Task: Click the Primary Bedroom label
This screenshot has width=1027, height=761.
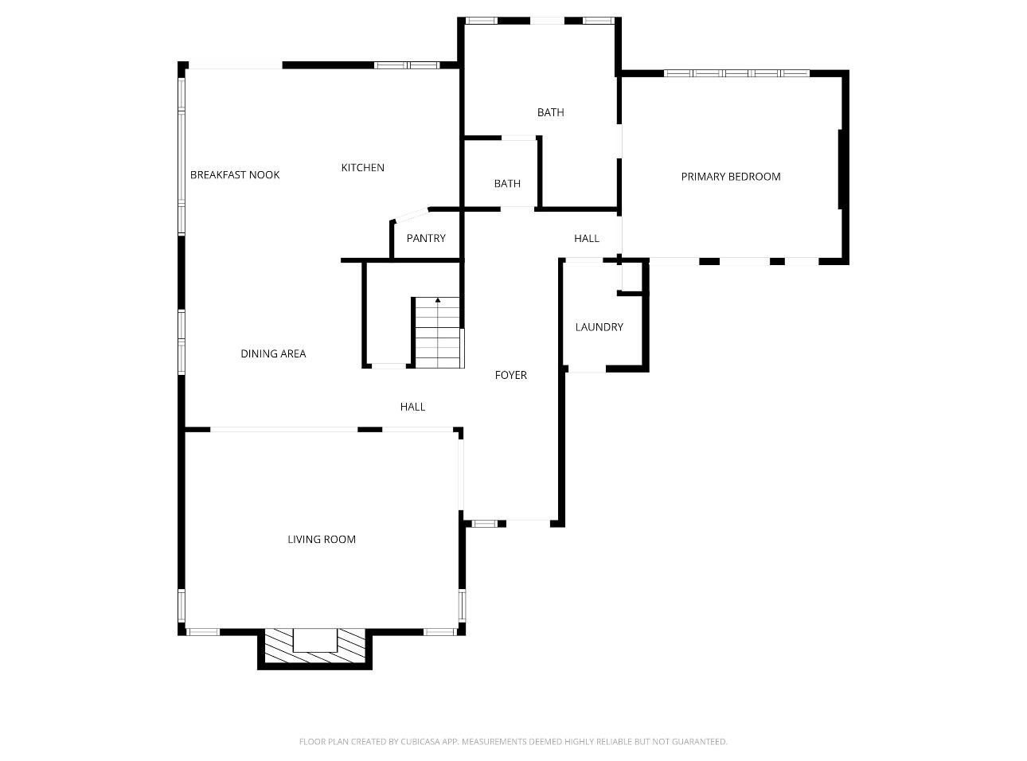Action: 730,177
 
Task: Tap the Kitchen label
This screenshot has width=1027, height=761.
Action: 362,168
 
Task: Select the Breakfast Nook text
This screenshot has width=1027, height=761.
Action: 235,175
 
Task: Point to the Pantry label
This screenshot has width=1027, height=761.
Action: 426,239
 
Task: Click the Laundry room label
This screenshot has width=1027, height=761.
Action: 599,327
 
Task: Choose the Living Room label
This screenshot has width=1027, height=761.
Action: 322,539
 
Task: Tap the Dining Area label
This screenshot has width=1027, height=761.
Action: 273,354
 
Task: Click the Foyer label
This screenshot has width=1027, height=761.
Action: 511,375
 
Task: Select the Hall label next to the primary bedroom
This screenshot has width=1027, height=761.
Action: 587,239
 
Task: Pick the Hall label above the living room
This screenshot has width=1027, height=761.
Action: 412,407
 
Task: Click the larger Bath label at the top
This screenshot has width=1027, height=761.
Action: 551,112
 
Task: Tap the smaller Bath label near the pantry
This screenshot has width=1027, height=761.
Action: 507,184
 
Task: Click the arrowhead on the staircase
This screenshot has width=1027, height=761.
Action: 438,301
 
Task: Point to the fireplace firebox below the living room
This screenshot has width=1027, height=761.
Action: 314,640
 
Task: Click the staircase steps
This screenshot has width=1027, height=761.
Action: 438,333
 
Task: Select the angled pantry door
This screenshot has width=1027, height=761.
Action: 411,215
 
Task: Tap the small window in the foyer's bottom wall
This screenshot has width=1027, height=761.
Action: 484,524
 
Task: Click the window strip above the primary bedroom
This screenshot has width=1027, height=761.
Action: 736,73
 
